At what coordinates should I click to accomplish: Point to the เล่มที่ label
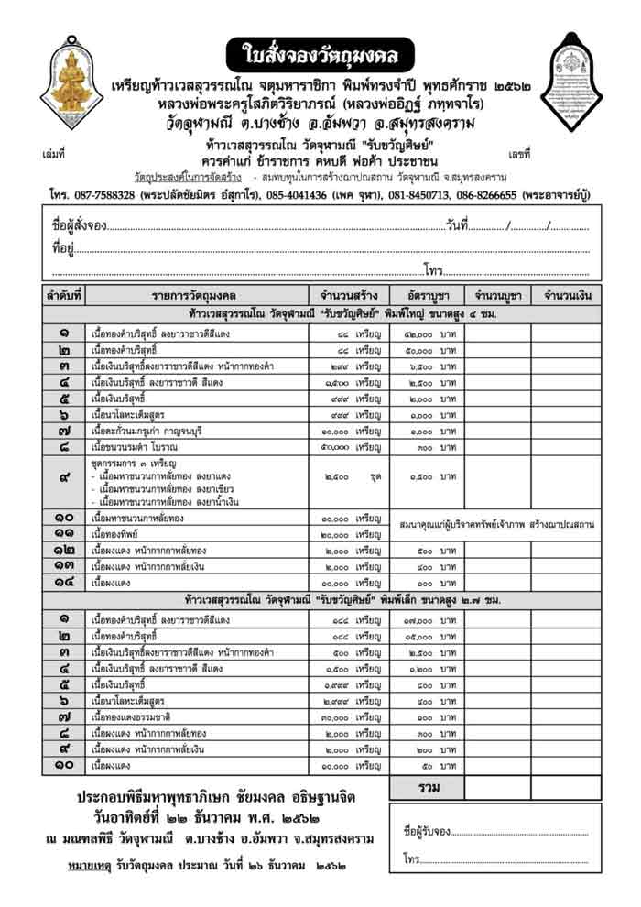click(54, 153)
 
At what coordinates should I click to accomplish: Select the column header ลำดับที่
click(64, 295)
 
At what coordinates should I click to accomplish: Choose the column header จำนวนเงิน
click(568, 295)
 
